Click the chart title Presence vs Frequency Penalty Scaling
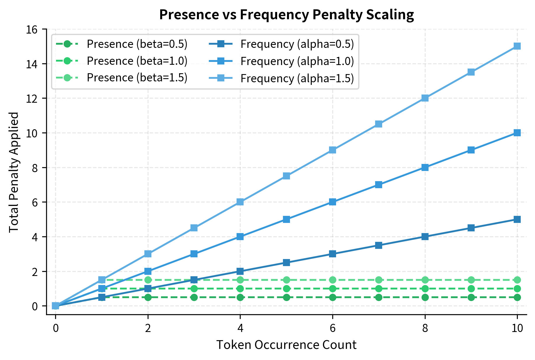coord(286,15)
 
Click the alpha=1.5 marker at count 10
coord(517,46)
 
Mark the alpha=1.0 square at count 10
coord(517,133)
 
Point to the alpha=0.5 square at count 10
coord(517,219)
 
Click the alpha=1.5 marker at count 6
coord(333,150)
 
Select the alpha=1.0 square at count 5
coord(286,219)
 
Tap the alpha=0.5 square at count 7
coord(379,245)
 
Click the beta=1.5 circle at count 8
coord(425,280)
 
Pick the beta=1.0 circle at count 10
coord(517,289)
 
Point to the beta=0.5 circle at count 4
coord(240,297)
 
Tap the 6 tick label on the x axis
coord(333,328)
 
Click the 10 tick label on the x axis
coord(517,328)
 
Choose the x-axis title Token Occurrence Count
coord(286,345)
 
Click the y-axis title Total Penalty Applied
coord(14,172)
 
